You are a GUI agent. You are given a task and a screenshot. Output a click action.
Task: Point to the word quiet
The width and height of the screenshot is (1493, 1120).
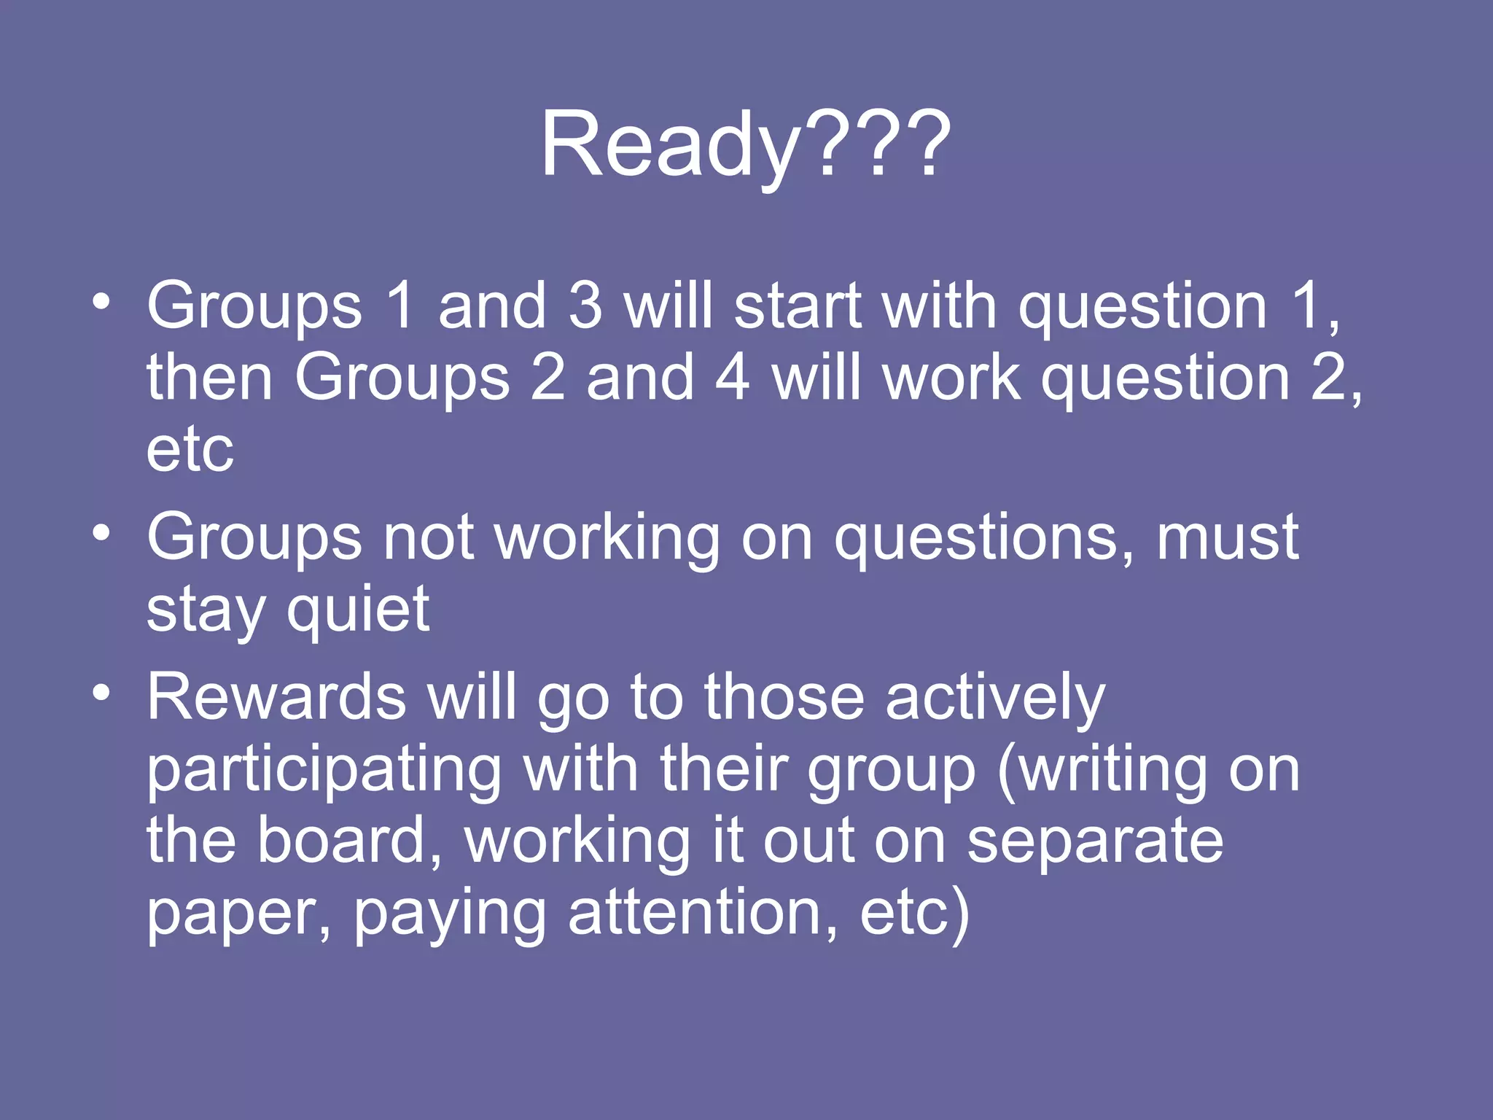click(x=358, y=610)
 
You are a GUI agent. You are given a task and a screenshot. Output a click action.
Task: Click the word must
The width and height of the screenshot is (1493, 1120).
click(x=1228, y=537)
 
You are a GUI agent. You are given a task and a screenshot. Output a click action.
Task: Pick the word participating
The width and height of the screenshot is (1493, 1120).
click(x=324, y=771)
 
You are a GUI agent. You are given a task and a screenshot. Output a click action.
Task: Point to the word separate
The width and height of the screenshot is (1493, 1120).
click(x=1095, y=841)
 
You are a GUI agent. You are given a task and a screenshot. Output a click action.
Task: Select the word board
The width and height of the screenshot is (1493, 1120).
click(x=350, y=841)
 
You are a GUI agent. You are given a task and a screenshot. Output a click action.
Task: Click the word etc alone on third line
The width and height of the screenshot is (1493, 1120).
click(x=190, y=449)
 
